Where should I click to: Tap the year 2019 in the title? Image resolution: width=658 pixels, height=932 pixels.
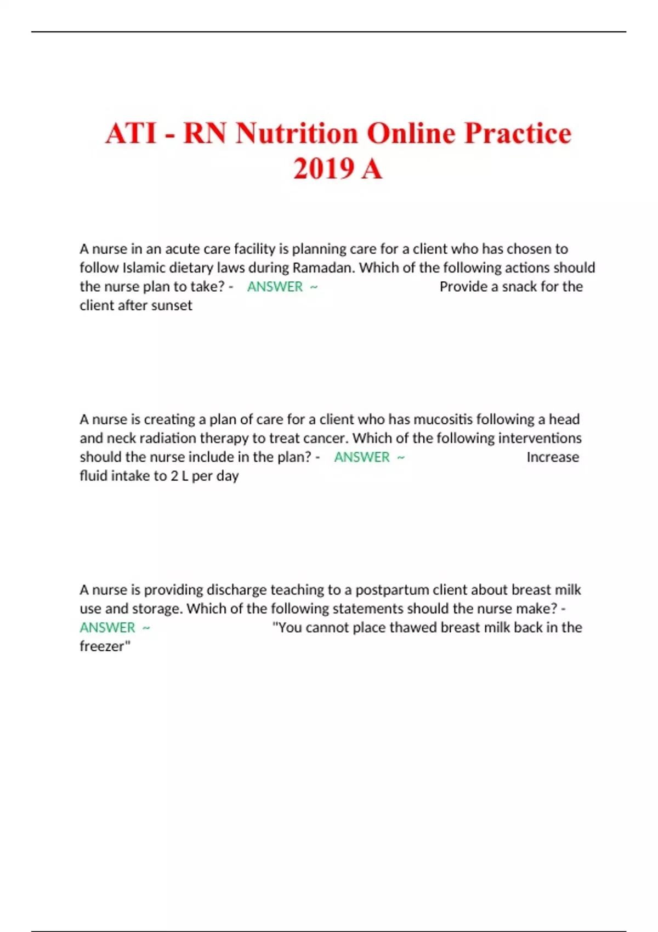[x=323, y=168]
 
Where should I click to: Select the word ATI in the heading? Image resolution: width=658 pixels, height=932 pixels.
[x=131, y=133]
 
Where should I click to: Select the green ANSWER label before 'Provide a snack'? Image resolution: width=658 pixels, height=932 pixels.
[x=275, y=287]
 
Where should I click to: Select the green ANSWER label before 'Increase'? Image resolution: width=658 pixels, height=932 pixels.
[x=362, y=457]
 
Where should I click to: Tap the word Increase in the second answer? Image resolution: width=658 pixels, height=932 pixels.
[x=553, y=457]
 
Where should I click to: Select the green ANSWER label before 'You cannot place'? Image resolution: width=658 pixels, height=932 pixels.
[x=107, y=628]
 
